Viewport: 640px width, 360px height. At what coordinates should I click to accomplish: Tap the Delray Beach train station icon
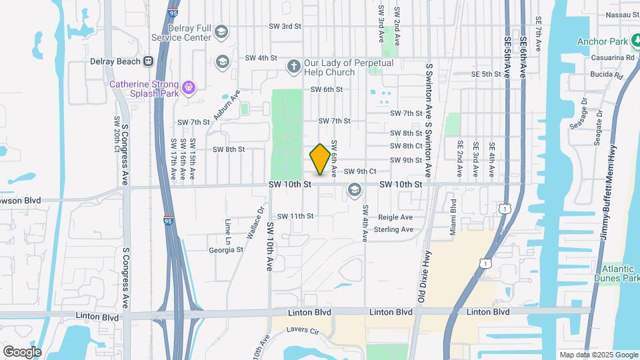coord(148,61)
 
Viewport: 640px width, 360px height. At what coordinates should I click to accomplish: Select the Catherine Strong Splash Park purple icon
coord(189,87)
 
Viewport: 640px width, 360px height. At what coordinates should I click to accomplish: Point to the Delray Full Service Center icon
coord(221,31)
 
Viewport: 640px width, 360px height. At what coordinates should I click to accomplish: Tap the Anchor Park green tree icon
coord(636,42)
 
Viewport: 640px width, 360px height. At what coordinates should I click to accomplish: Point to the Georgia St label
coord(225,250)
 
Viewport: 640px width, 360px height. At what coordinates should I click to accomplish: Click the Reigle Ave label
coord(395,217)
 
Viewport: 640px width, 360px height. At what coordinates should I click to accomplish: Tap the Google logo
coord(22,351)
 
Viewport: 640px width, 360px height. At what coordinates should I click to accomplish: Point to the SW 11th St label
coord(295,216)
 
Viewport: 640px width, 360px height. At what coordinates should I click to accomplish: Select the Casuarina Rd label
coord(611,58)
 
